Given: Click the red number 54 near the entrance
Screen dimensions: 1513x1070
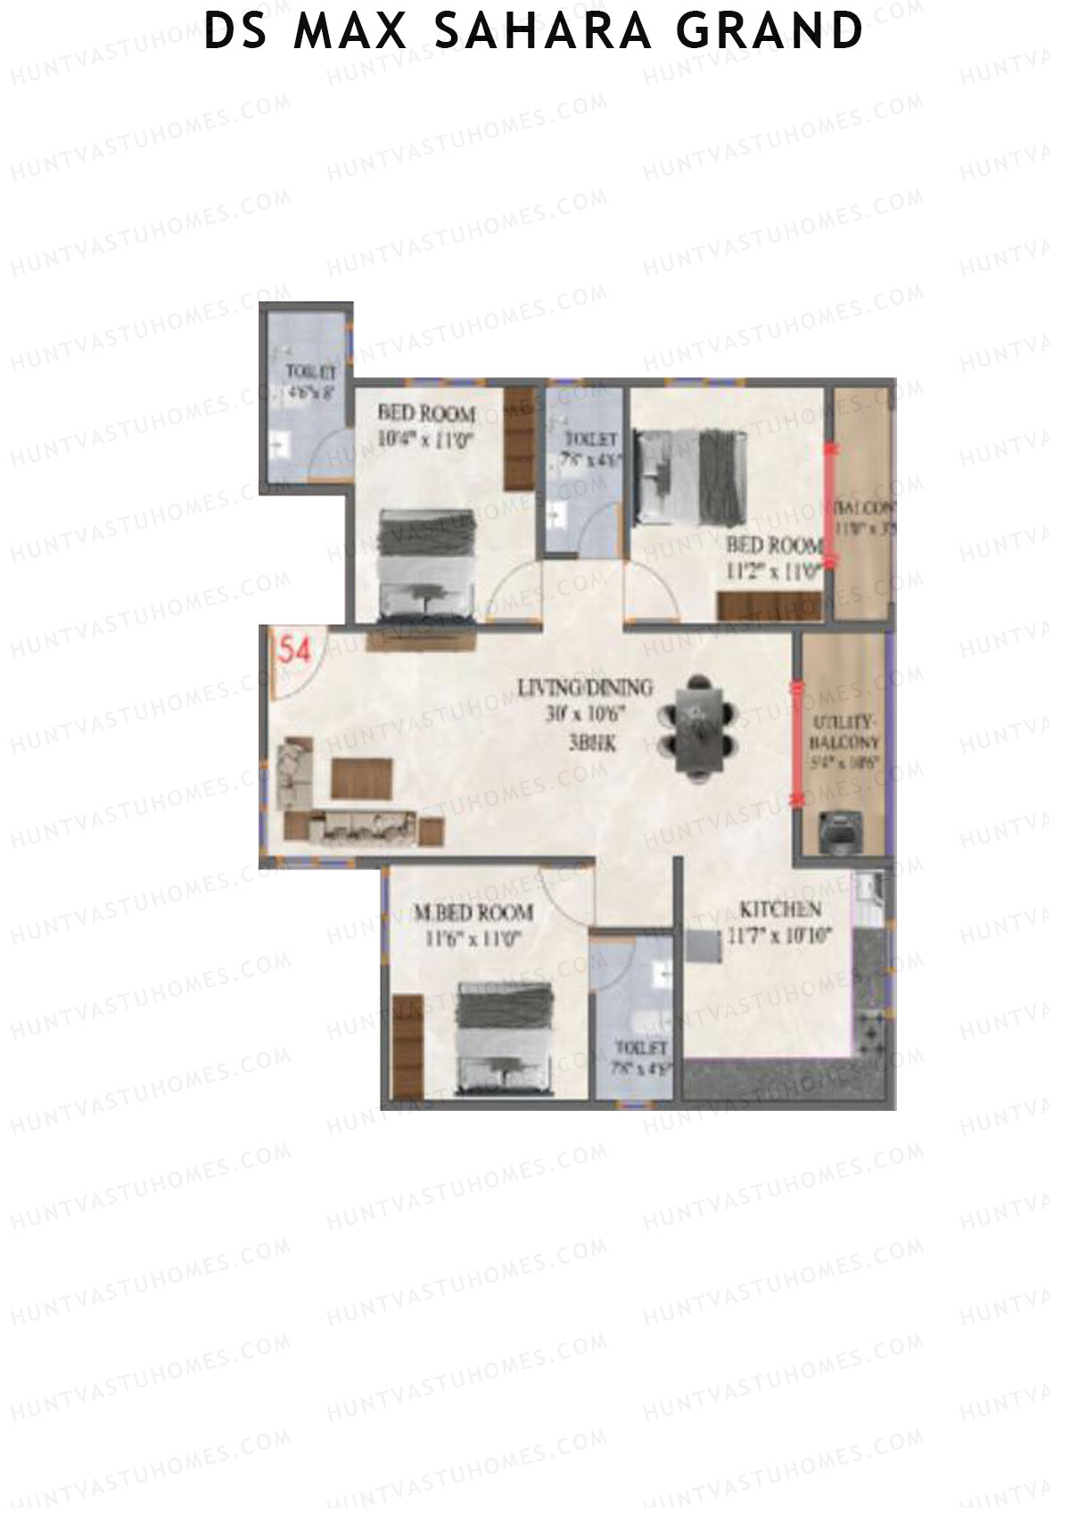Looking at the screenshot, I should click(295, 650).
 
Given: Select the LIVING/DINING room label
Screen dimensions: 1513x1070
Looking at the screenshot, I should click(585, 688).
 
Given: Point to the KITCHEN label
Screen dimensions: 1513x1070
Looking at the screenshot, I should click(780, 910).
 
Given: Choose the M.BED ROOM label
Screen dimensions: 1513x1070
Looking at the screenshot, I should click(473, 913).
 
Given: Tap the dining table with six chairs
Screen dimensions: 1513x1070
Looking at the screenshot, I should click(700, 728).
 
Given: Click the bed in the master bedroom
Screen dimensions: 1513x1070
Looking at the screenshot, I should click(506, 1039).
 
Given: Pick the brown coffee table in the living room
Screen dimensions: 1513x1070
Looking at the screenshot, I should click(362, 778).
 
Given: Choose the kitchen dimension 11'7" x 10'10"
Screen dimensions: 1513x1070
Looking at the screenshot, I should click(779, 937).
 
